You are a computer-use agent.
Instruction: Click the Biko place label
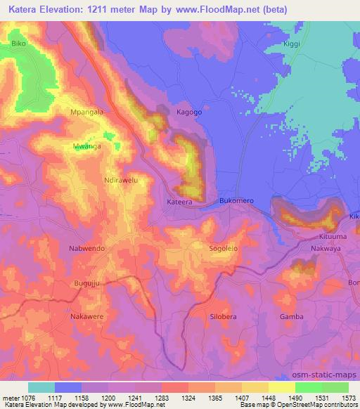19,44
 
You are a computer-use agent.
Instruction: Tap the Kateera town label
179,202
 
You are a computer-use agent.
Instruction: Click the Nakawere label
87,317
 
